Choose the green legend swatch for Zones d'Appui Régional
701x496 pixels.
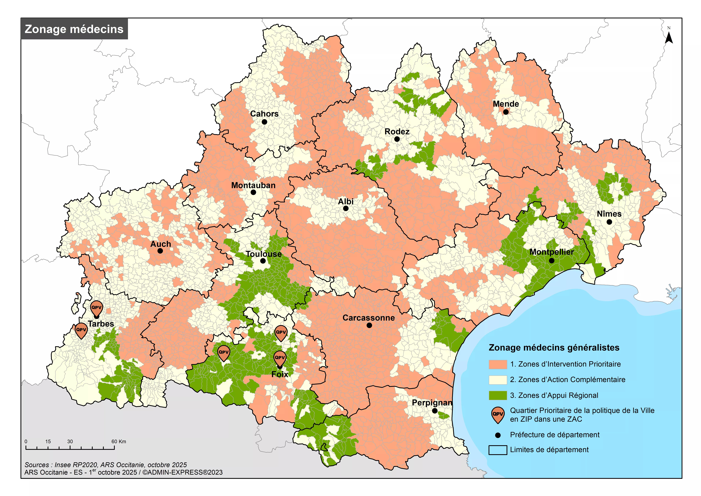(x=498, y=396)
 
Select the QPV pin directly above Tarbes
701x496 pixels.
(x=96, y=308)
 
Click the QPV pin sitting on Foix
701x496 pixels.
(x=280, y=358)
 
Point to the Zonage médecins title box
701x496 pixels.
(x=74, y=29)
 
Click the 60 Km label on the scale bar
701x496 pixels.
(x=118, y=441)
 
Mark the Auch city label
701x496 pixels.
(x=161, y=244)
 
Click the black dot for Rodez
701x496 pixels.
(x=397, y=139)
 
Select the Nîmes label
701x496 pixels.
(x=609, y=214)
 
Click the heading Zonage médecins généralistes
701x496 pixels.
(x=554, y=348)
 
